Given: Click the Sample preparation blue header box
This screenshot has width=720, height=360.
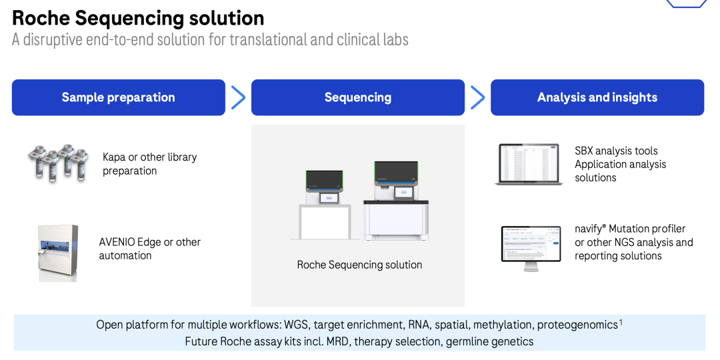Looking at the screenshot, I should coord(119,97).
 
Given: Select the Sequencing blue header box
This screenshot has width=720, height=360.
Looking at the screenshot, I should coord(358,97).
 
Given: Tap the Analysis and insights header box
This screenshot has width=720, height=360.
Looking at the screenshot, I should coord(597,97).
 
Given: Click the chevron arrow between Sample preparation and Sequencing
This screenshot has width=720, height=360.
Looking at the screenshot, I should coord(238,97).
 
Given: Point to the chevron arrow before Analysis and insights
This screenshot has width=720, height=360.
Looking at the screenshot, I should coord(477,97).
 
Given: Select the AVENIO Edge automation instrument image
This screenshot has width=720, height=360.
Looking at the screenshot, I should coord(58,252).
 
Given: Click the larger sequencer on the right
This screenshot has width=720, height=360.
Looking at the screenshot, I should coord(395,200).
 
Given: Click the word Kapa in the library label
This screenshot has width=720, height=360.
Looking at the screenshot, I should coord(114,157).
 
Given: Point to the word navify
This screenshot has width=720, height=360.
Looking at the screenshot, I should coord(591,229).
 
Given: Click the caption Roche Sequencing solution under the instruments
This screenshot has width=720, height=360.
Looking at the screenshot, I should coord(359,265).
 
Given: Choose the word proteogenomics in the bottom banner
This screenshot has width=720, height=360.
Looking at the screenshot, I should coord(577,325).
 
